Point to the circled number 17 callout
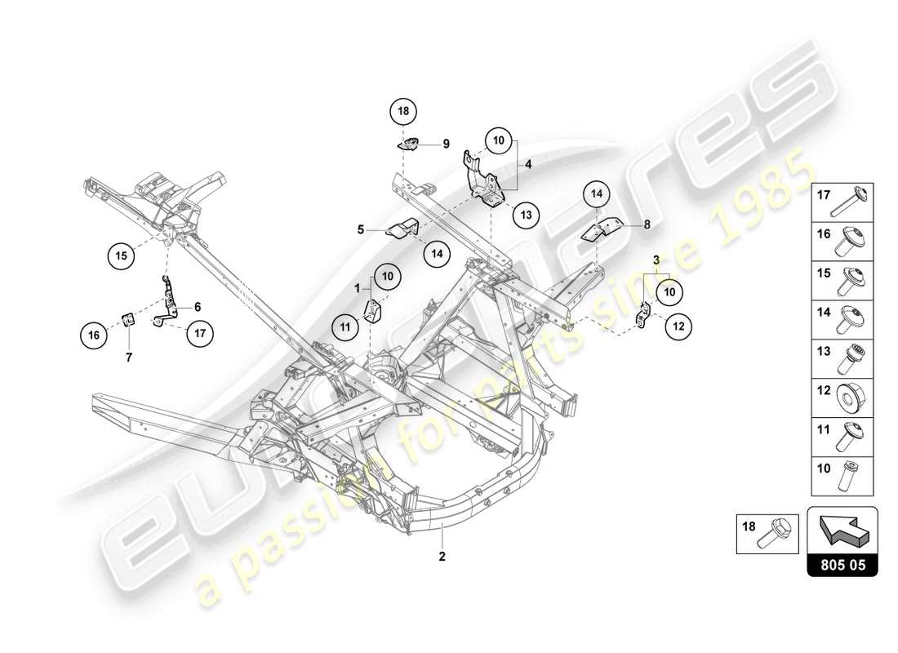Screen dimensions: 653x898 [199, 333]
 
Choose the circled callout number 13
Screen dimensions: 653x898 [527, 215]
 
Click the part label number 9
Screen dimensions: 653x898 [447, 144]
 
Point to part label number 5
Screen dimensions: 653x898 [360, 230]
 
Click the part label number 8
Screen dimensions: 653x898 [647, 223]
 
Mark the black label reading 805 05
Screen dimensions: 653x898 [842, 564]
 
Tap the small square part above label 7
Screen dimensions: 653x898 [127, 318]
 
